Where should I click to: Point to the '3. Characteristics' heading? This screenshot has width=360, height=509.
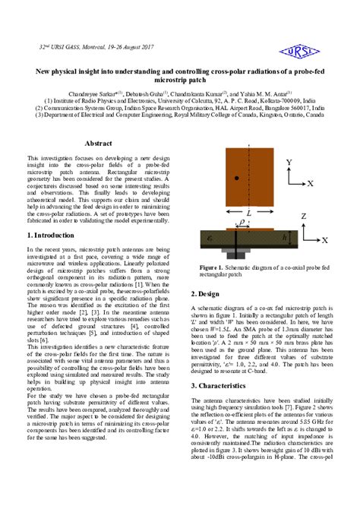pyautogui.click(x=224, y=386)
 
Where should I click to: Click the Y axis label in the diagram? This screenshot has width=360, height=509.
pyautogui.click(x=289, y=163)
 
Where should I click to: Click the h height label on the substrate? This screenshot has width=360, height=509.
pyautogui.click(x=285, y=236)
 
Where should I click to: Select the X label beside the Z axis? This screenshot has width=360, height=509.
pyautogui.click(x=325, y=240)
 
